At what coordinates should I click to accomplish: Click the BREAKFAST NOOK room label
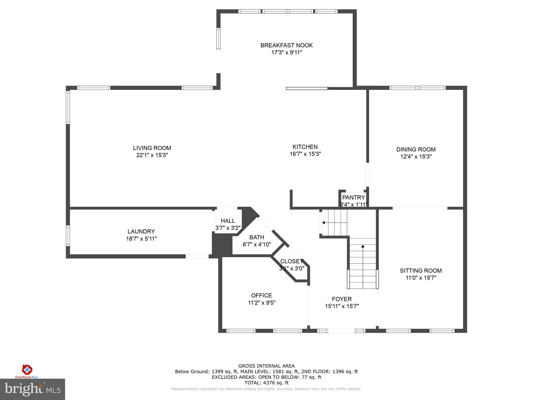coord(286,45)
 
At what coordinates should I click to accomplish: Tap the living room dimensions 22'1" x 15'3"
coord(152,155)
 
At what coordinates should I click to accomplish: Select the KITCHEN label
coord(305,147)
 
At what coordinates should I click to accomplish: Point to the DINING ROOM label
coord(416,149)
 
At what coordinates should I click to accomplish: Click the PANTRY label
coord(353,197)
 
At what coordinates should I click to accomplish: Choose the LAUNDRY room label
coord(141,232)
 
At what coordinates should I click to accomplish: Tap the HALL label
coord(228,221)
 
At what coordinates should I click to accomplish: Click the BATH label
coord(257,237)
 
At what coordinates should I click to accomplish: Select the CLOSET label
coord(291,261)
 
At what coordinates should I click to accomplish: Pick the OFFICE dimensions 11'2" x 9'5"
coord(262,303)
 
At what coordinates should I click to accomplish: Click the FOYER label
coord(342,299)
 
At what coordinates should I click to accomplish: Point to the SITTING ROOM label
coord(421,271)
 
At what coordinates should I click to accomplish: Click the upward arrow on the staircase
coord(363,246)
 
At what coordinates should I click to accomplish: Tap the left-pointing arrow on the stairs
coord(323,223)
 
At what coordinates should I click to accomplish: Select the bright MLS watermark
coord(33,389)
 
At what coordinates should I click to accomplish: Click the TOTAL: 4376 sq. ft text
coord(266,383)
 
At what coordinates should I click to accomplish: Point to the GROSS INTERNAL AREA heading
coord(266,366)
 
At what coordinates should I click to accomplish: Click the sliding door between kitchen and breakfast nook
coord(307,89)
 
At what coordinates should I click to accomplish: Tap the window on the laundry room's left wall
coord(68,236)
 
